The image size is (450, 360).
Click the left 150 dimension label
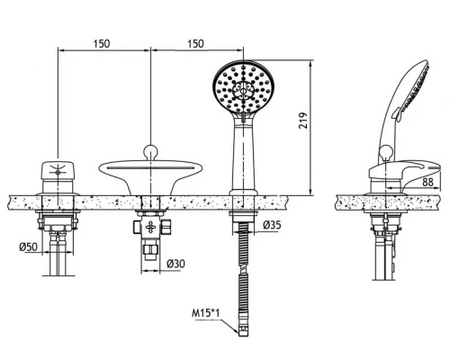[x=102, y=44]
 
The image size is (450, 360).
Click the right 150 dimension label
[x=195, y=44]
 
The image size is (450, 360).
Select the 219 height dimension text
[x=303, y=121]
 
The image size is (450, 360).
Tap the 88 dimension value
[x=427, y=182]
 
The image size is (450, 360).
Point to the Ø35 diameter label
[x=272, y=225]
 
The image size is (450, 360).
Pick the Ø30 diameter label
[x=175, y=264]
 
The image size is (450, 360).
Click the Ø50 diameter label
[x=29, y=247]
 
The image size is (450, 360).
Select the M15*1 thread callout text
[x=206, y=313]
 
